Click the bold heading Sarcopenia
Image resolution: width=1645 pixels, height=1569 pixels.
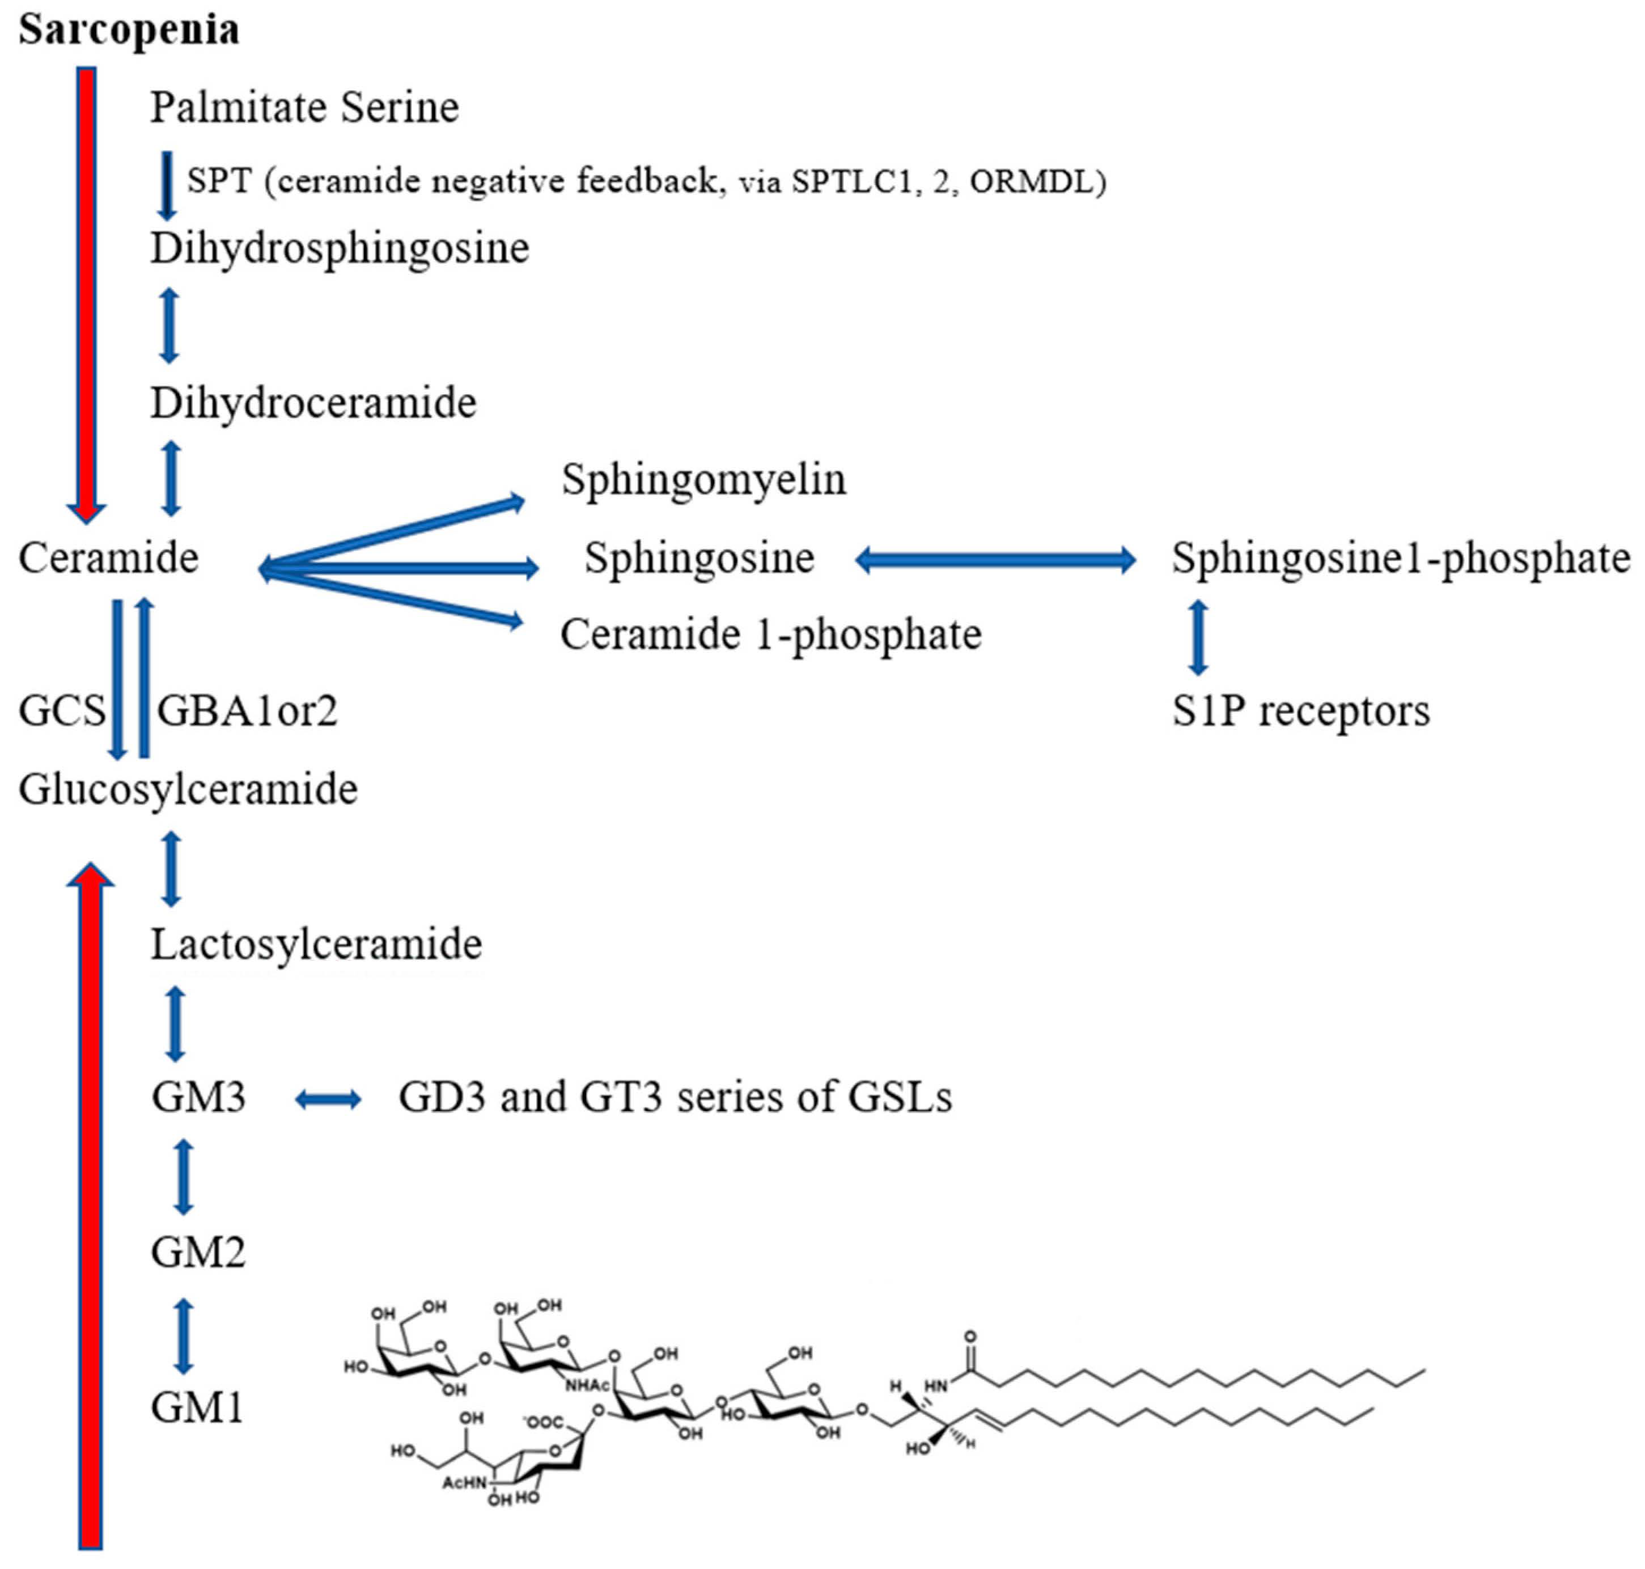click(x=129, y=29)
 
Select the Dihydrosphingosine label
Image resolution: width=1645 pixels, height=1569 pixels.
click(x=340, y=248)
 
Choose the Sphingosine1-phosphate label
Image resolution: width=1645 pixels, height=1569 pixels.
click(x=1400, y=558)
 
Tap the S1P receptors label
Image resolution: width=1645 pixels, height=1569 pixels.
click(x=1300, y=711)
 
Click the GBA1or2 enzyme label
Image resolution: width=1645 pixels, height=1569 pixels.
click(x=247, y=712)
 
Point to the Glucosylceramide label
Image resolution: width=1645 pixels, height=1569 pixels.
click(x=188, y=789)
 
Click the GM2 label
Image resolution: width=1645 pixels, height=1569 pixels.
click(x=198, y=1253)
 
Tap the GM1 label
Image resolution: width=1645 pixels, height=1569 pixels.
click(x=197, y=1407)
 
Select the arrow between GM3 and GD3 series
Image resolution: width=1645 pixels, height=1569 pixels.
click(x=329, y=1099)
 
